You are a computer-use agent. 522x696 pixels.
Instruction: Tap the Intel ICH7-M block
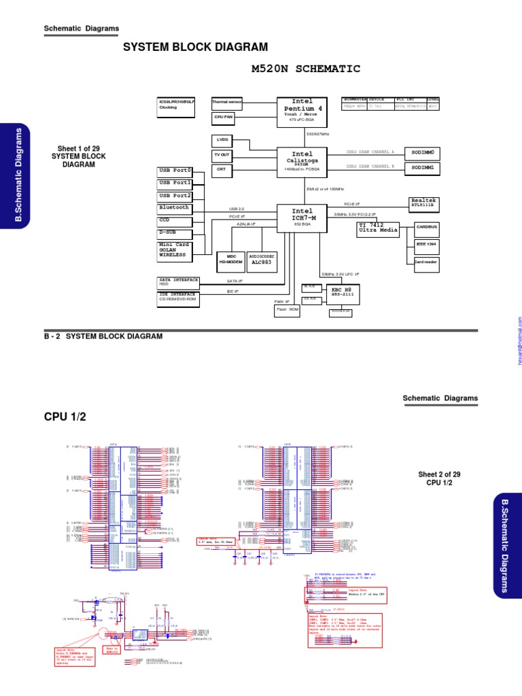pyautogui.click(x=302, y=219)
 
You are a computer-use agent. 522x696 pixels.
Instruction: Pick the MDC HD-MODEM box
pyautogui.click(x=230, y=258)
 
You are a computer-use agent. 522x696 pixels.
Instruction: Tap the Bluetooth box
pyautogui.click(x=174, y=207)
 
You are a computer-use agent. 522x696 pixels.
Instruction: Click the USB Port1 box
pyautogui.click(x=174, y=183)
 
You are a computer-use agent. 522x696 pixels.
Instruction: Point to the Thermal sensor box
pyautogui.click(x=226, y=103)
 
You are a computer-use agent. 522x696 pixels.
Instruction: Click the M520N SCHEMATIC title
pyautogui.click(x=305, y=69)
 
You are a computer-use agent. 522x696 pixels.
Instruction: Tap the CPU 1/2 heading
pyautogui.click(x=65, y=416)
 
